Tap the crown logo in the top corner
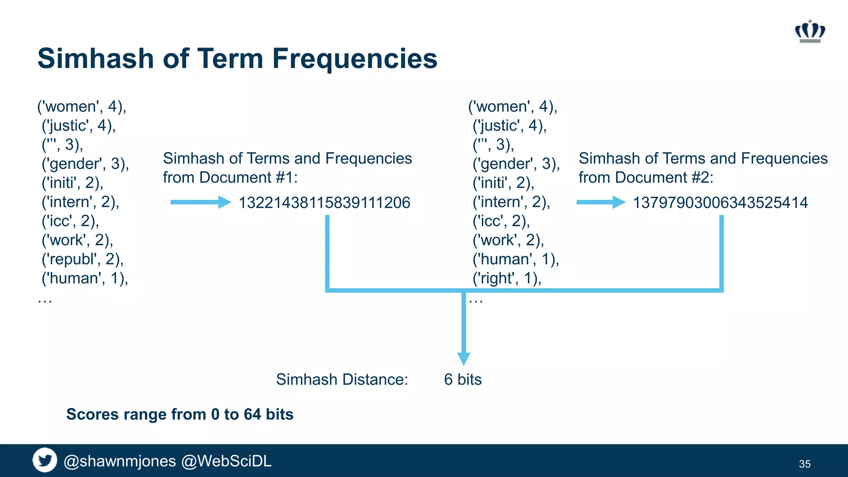coord(810,31)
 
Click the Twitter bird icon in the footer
coord(45,460)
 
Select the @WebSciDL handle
coord(226,461)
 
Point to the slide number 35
coord(805,464)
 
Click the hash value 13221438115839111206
coord(324,203)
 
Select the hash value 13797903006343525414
coord(720,203)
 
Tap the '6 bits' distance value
coord(463,380)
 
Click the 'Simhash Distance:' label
coord(342,380)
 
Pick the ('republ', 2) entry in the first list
coord(82,259)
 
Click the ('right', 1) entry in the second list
coord(507,278)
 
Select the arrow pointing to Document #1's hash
coord(200,202)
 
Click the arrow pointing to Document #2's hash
coord(600,202)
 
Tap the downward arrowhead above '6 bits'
coord(463,358)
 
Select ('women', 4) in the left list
coord(82,107)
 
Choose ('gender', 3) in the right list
coord(516,164)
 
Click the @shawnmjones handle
coord(120,461)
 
